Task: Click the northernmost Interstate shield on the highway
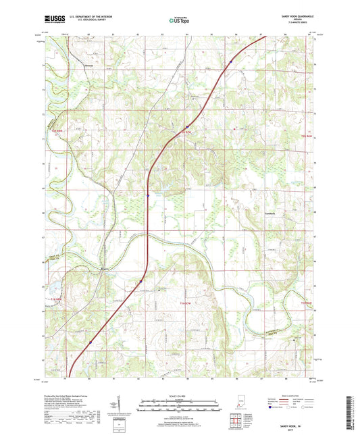230,61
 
